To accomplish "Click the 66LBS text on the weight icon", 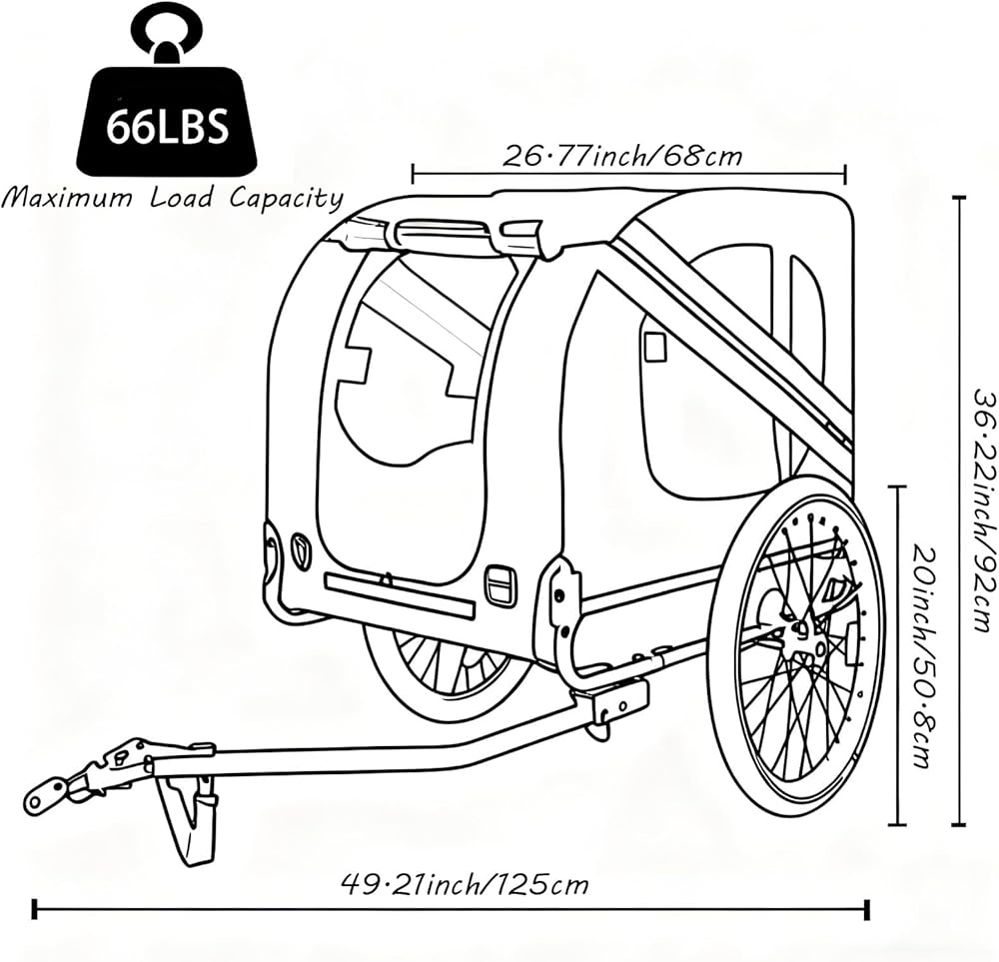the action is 167,127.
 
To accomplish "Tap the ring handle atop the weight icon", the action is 168,33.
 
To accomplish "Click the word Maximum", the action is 68,198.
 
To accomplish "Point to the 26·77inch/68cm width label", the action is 622,155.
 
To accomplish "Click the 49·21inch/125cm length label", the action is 466,884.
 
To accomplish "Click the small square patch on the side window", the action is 654,347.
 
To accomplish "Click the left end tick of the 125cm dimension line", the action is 34,910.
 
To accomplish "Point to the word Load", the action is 181,198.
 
